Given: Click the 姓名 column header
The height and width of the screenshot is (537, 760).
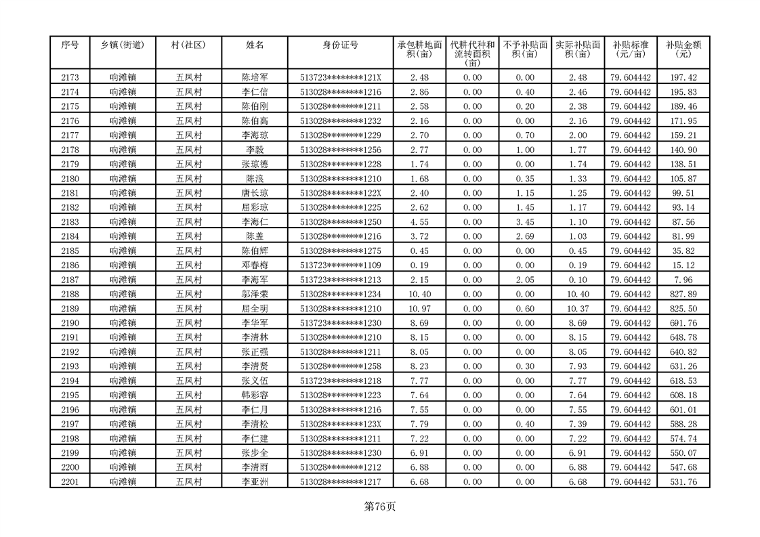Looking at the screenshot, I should [255, 45].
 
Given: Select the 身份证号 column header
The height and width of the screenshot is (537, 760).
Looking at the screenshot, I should [340, 45].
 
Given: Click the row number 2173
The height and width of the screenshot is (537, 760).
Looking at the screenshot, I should [70, 78].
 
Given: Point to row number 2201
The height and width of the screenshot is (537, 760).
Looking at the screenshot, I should [70, 481].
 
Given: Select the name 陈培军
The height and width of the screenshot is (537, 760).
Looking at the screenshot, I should [255, 78].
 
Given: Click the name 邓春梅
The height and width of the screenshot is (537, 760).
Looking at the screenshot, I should [255, 265].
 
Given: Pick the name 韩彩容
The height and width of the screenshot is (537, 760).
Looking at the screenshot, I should [255, 395].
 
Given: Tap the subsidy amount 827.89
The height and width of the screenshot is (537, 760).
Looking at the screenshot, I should [683, 294].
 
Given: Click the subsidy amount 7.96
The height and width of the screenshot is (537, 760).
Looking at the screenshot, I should [683, 280].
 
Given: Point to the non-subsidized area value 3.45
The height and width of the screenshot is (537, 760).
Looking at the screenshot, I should [525, 222].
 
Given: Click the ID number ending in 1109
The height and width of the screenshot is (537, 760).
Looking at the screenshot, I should [340, 265].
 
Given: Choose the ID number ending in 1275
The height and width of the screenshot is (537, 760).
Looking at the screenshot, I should [340, 251].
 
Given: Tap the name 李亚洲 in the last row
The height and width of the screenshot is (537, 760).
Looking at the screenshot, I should [255, 481].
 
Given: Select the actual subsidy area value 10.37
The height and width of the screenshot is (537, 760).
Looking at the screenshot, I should [577, 309].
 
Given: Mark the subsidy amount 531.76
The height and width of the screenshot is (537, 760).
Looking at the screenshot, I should [683, 481].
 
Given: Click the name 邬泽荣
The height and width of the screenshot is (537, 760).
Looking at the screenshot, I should [255, 294].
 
